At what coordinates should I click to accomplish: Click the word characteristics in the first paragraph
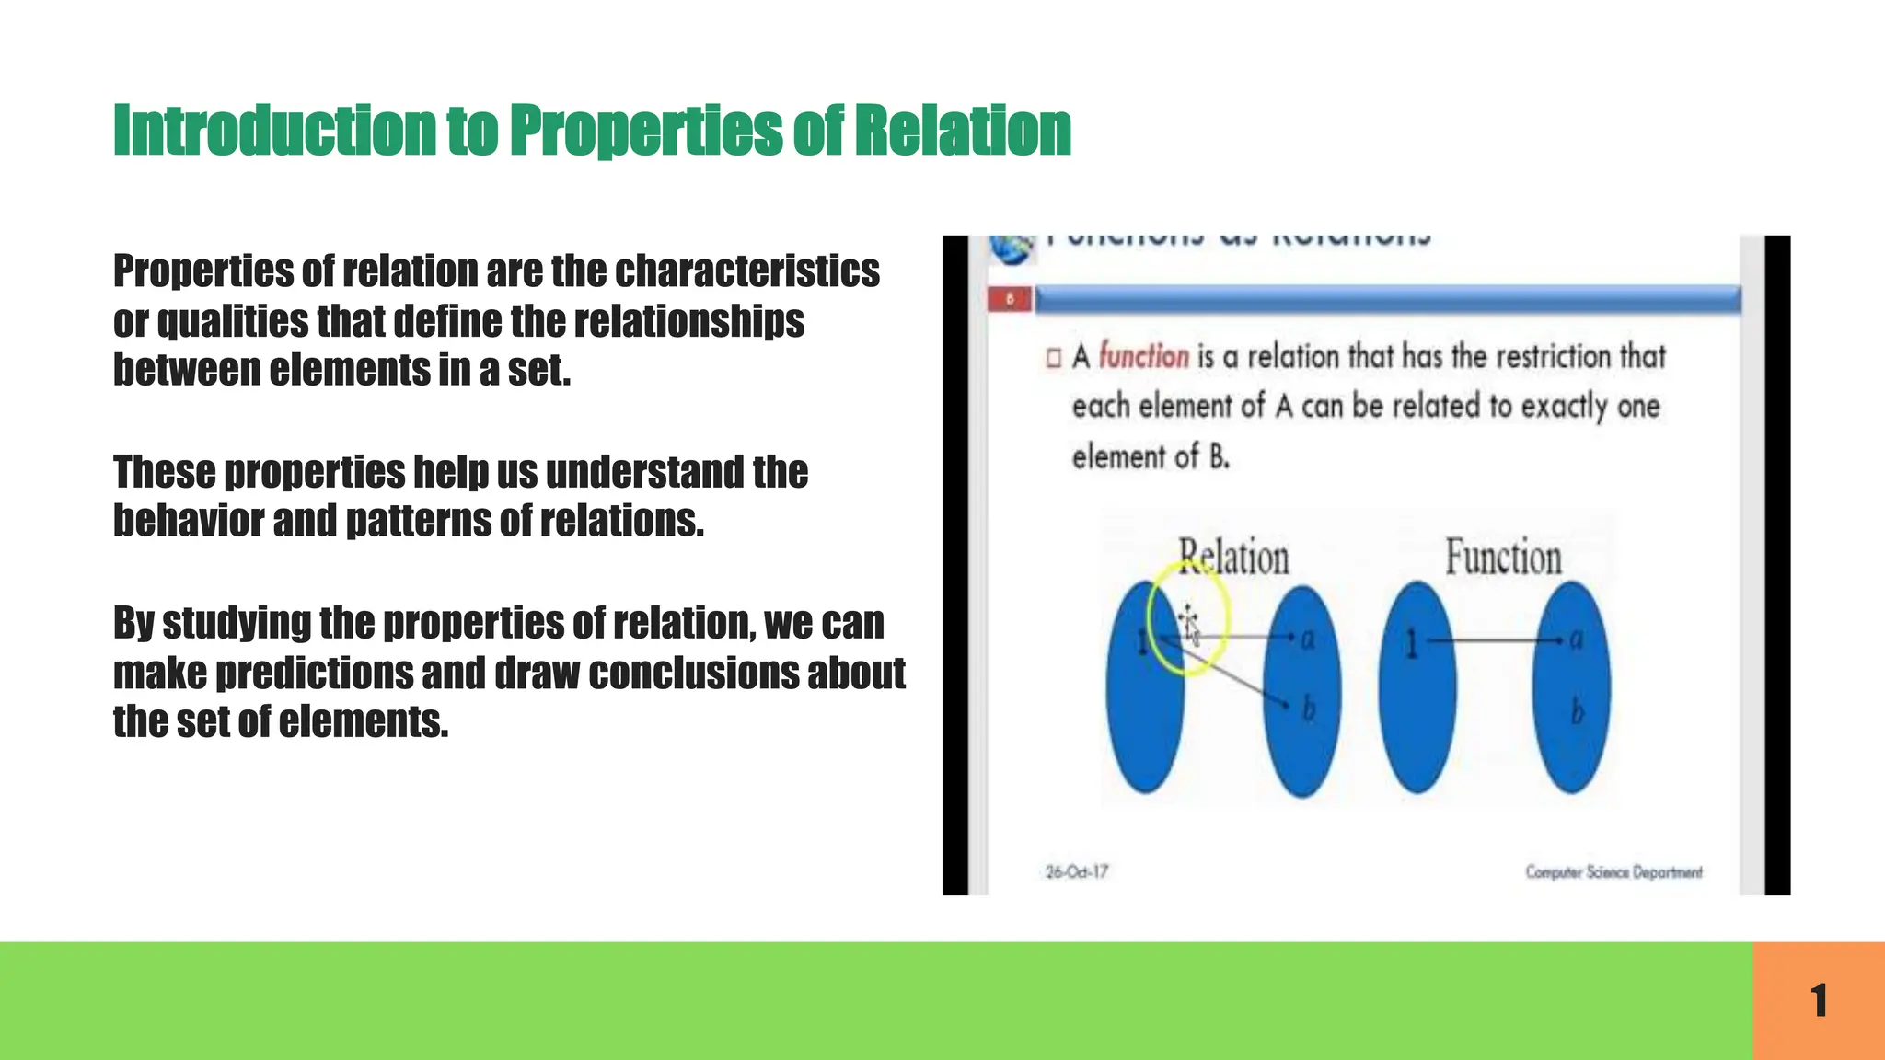(746, 271)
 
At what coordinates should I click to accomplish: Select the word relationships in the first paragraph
(688, 321)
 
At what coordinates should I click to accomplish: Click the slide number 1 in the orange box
(1819, 1000)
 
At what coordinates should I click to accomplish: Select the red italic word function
(1144, 356)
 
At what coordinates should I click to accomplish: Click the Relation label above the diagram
(1233, 558)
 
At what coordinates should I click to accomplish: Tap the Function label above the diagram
(1503, 558)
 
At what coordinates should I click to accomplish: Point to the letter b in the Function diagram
(1577, 711)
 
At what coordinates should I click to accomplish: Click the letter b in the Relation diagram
(1308, 709)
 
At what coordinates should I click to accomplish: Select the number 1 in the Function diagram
(1411, 644)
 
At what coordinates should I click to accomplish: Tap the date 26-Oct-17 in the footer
(1077, 870)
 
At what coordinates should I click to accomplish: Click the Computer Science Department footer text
(1613, 871)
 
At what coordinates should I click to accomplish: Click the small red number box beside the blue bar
(1009, 299)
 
